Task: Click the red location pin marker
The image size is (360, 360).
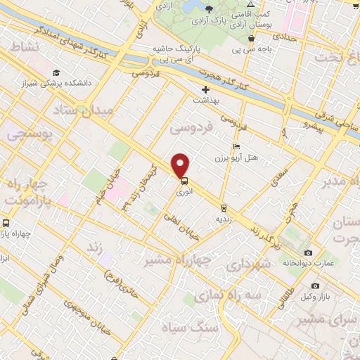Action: click(x=181, y=165)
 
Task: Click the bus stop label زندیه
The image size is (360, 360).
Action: click(x=224, y=218)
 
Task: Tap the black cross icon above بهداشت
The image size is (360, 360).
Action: click(x=205, y=89)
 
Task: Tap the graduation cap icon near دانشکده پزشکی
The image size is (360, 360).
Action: click(x=56, y=72)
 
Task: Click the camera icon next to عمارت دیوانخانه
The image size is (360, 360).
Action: click(x=308, y=252)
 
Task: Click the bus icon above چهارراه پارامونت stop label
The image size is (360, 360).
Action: click(x=6, y=224)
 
